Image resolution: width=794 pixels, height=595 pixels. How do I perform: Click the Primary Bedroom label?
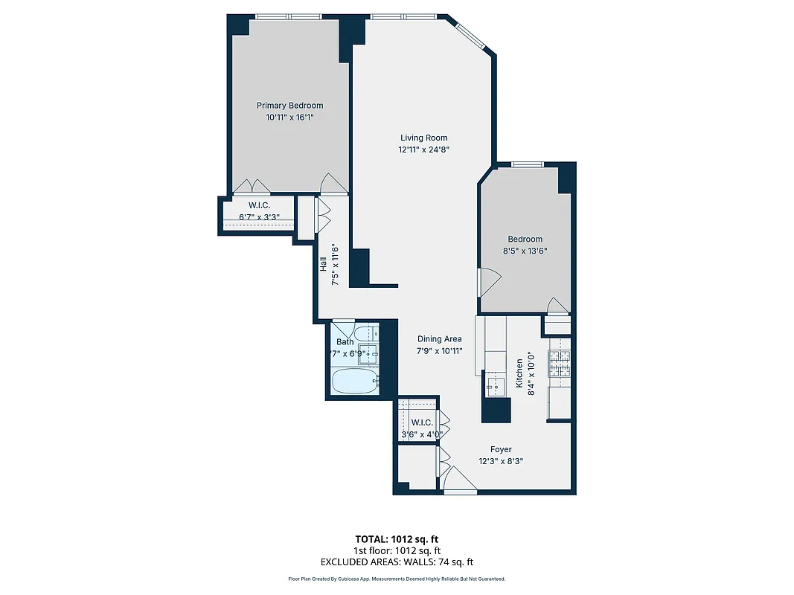pyautogui.click(x=289, y=106)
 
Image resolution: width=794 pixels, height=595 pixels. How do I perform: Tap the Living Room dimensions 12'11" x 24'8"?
pyautogui.click(x=423, y=149)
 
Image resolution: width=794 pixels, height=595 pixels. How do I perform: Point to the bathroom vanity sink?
pyautogui.click(x=368, y=352)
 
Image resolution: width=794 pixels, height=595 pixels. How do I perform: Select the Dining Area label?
pyautogui.click(x=439, y=339)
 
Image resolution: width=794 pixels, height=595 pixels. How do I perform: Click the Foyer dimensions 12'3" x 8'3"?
pyautogui.click(x=500, y=461)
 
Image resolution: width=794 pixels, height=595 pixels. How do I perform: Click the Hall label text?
pyautogui.click(x=324, y=265)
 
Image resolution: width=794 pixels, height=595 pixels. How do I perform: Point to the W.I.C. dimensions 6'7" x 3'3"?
pyautogui.click(x=259, y=217)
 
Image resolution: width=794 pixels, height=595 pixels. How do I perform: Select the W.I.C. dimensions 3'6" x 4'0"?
pyautogui.click(x=422, y=434)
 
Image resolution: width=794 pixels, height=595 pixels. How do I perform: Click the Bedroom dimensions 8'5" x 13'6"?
pyautogui.click(x=525, y=251)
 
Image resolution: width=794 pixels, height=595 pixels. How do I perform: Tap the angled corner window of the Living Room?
pyautogui.click(x=469, y=34)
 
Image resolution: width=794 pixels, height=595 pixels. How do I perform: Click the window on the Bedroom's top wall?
pyautogui.click(x=527, y=164)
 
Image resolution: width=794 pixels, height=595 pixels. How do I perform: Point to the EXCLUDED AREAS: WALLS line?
pyautogui.click(x=397, y=562)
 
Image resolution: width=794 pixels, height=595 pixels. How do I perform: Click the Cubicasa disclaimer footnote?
pyautogui.click(x=397, y=579)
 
